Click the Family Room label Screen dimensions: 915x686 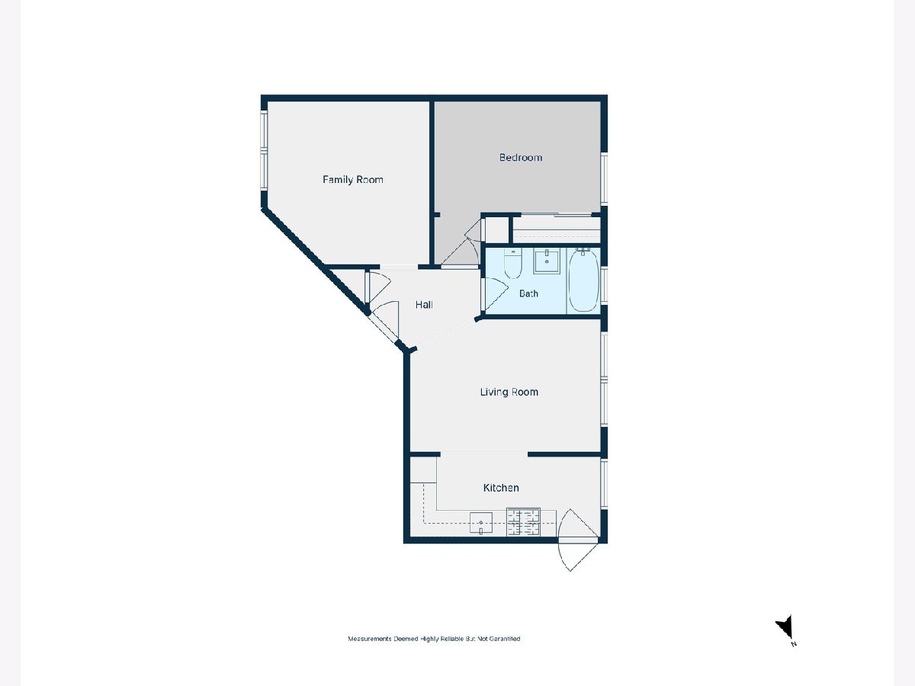click(353, 180)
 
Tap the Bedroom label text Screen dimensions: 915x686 click(521, 158)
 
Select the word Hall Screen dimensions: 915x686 click(424, 305)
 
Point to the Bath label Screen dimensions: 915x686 click(528, 293)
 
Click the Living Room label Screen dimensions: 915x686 click(509, 392)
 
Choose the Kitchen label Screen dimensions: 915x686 click(501, 488)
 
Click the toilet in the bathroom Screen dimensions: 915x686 click(512, 263)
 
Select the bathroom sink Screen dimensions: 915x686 click(547, 261)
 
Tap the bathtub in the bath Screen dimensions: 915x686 click(583, 280)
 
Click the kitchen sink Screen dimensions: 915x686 click(481, 523)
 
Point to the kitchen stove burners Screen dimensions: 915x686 click(523, 522)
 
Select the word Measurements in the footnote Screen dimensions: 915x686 click(370, 639)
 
